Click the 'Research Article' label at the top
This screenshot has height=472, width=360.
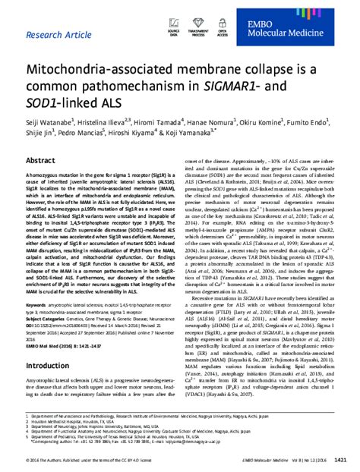pyautogui.click(x=68, y=35)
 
